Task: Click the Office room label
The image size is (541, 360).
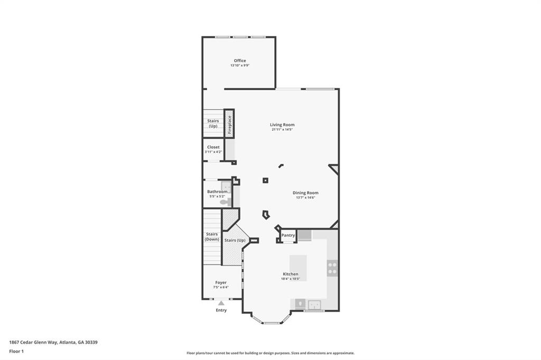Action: click(240, 61)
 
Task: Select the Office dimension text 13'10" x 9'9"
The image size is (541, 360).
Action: click(240, 66)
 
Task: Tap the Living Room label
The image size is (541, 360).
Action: click(282, 125)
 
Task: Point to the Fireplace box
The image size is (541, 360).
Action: click(229, 124)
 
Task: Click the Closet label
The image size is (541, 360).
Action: click(213, 147)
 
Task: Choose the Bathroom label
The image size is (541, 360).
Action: click(217, 192)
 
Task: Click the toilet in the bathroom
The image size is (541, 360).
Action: click(224, 202)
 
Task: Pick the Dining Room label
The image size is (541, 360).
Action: click(305, 193)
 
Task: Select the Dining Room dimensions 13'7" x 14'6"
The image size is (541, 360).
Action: click(305, 198)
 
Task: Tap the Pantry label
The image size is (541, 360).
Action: click(288, 235)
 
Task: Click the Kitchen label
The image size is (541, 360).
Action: click(291, 274)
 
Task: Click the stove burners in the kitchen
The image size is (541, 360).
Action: click(332, 268)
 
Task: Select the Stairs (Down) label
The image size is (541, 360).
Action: click(212, 236)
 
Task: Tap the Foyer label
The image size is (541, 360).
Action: click(221, 282)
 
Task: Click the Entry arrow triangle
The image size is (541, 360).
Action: click(221, 303)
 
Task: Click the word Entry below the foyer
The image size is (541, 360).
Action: click(221, 310)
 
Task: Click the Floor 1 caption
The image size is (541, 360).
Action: click(16, 351)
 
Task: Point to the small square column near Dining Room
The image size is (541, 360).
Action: click(265, 181)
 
